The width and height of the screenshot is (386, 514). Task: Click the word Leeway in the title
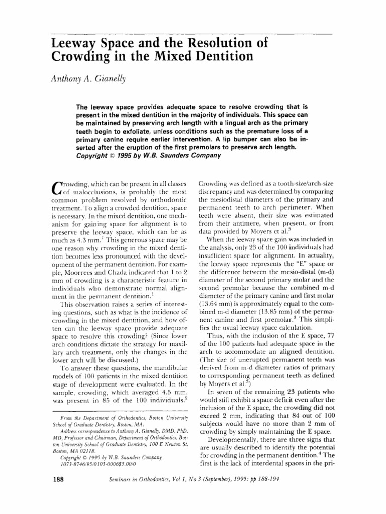[x=76, y=43]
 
